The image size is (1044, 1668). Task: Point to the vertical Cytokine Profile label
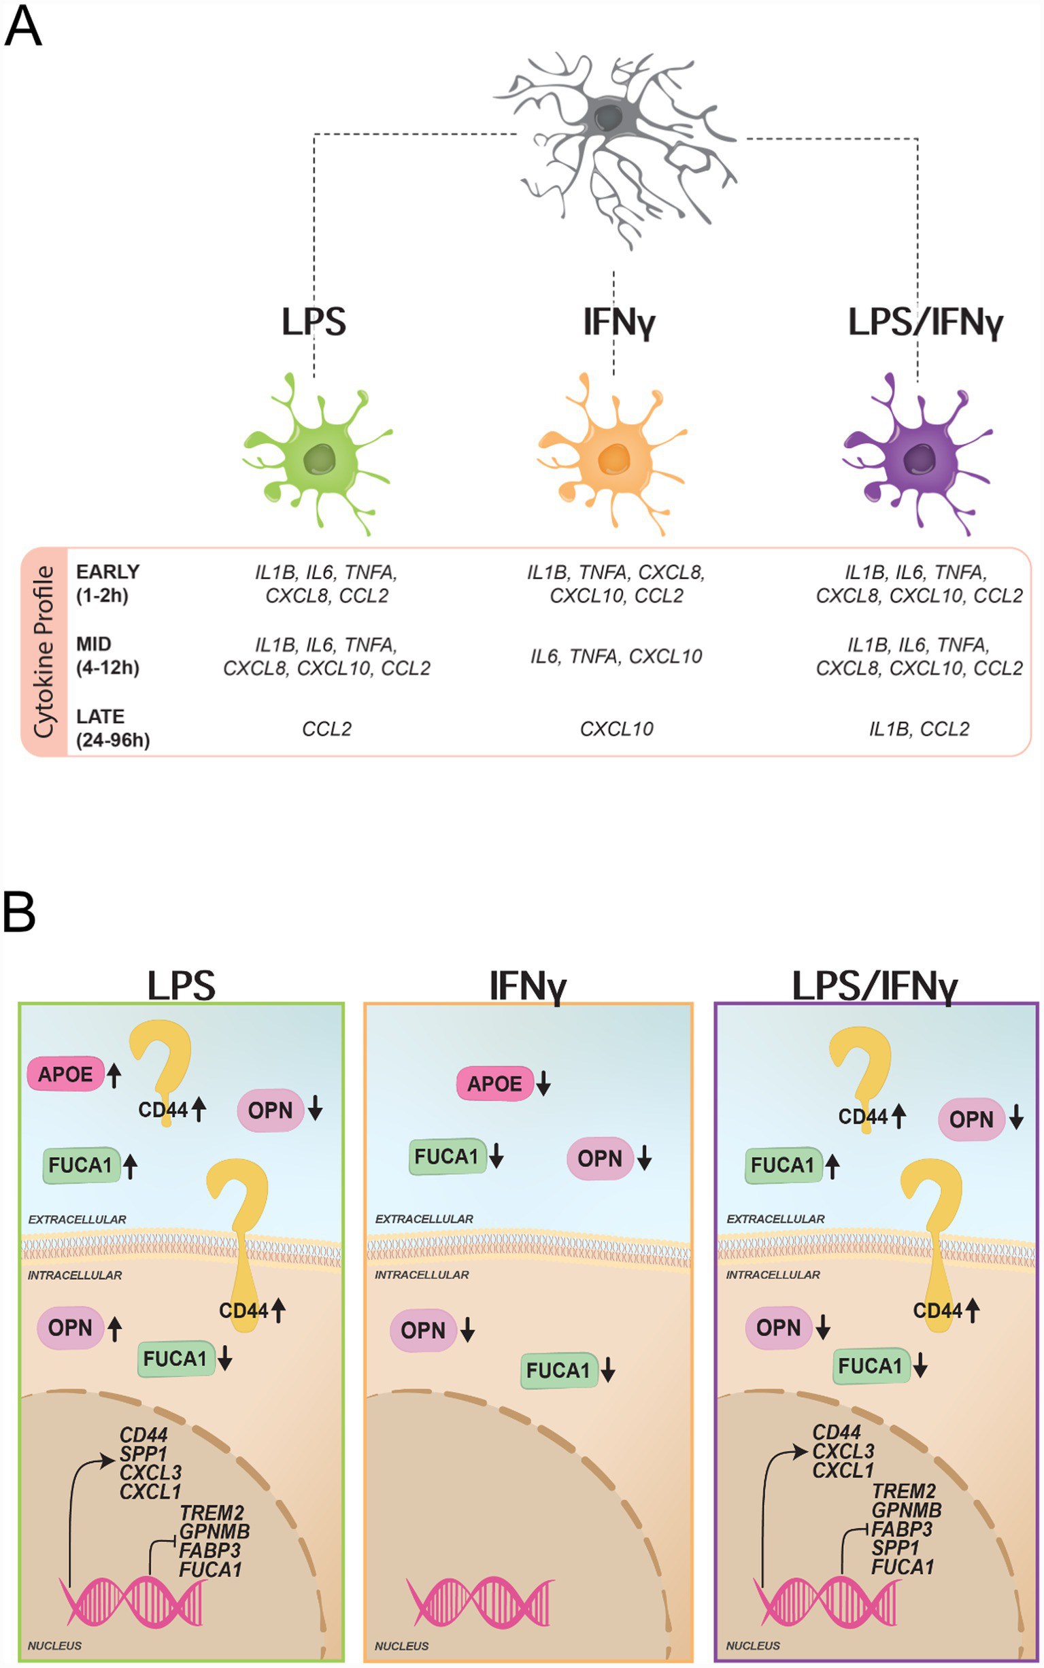pyautogui.click(x=44, y=652)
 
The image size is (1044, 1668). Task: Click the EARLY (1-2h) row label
pyautogui.click(x=107, y=583)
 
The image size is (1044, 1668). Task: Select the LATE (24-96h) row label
pyautogui.click(x=112, y=728)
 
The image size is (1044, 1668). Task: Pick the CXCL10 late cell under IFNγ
pyautogui.click(x=616, y=729)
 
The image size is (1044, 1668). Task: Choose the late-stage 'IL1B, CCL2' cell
pyautogui.click(x=918, y=729)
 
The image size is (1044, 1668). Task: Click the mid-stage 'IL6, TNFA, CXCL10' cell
pyautogui.click(x=616, y=656)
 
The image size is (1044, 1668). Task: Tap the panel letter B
pyautogui.click(x=19, y=913)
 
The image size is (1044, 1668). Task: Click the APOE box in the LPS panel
pyautogui.click(x=65, y=1074)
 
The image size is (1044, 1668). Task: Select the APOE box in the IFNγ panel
pyautogui.click(x=495, y=1083)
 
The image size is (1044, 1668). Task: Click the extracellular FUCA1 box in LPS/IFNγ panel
pyautogui.click(x=783, y=1165)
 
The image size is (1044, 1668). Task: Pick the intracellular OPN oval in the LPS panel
pyautogui.click(x=71, y=1327)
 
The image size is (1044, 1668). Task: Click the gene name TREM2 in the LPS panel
pyautogui.click(x=212, y=1513)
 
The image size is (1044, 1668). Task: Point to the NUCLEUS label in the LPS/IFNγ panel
pyautogui.click(x=753, y=1646)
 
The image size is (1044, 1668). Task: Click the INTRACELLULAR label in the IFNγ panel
pyautogui.click(x=421, y=1275)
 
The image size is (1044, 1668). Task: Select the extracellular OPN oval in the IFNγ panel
pyautogui.click(x=599, y=1158)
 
